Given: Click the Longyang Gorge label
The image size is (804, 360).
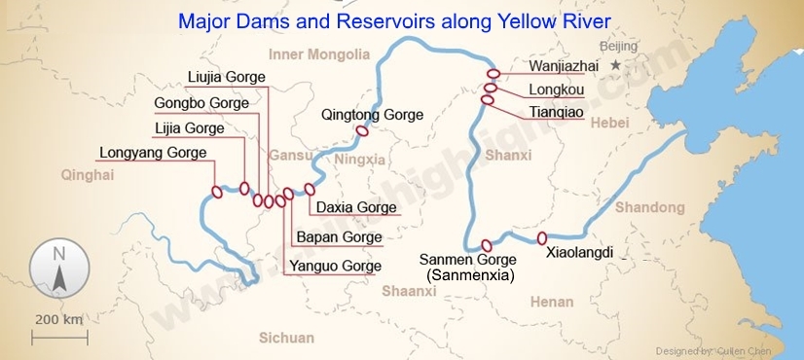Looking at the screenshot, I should (153, 153).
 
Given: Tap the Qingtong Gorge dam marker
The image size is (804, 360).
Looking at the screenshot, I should (362, 131).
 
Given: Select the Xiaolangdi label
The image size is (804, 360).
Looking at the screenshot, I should (580, 252).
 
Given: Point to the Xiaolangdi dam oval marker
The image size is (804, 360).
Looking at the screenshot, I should (542, 238).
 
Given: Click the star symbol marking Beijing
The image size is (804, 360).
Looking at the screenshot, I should (615, 65).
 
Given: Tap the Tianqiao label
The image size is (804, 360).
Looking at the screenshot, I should (556, 113).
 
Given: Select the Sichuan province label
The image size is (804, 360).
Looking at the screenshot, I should (286, 338).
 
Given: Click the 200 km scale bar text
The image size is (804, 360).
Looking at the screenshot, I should (59, 319).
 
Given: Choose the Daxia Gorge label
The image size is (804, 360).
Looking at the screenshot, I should (356, 207).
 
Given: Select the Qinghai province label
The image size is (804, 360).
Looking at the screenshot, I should (88, 175).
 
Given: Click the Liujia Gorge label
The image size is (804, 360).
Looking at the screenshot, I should (226, 78).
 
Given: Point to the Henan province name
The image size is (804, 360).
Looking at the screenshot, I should (552, 302).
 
